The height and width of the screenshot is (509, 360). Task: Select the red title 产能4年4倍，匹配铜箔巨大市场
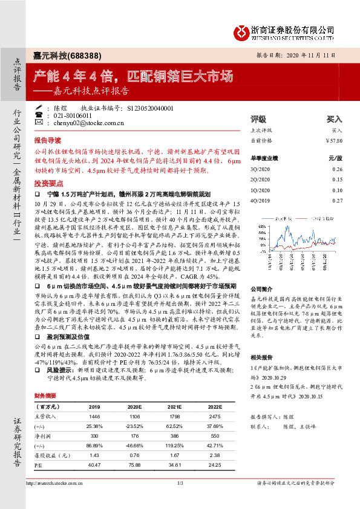pos(132,76)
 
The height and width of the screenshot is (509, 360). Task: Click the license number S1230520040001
pos(151,108)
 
